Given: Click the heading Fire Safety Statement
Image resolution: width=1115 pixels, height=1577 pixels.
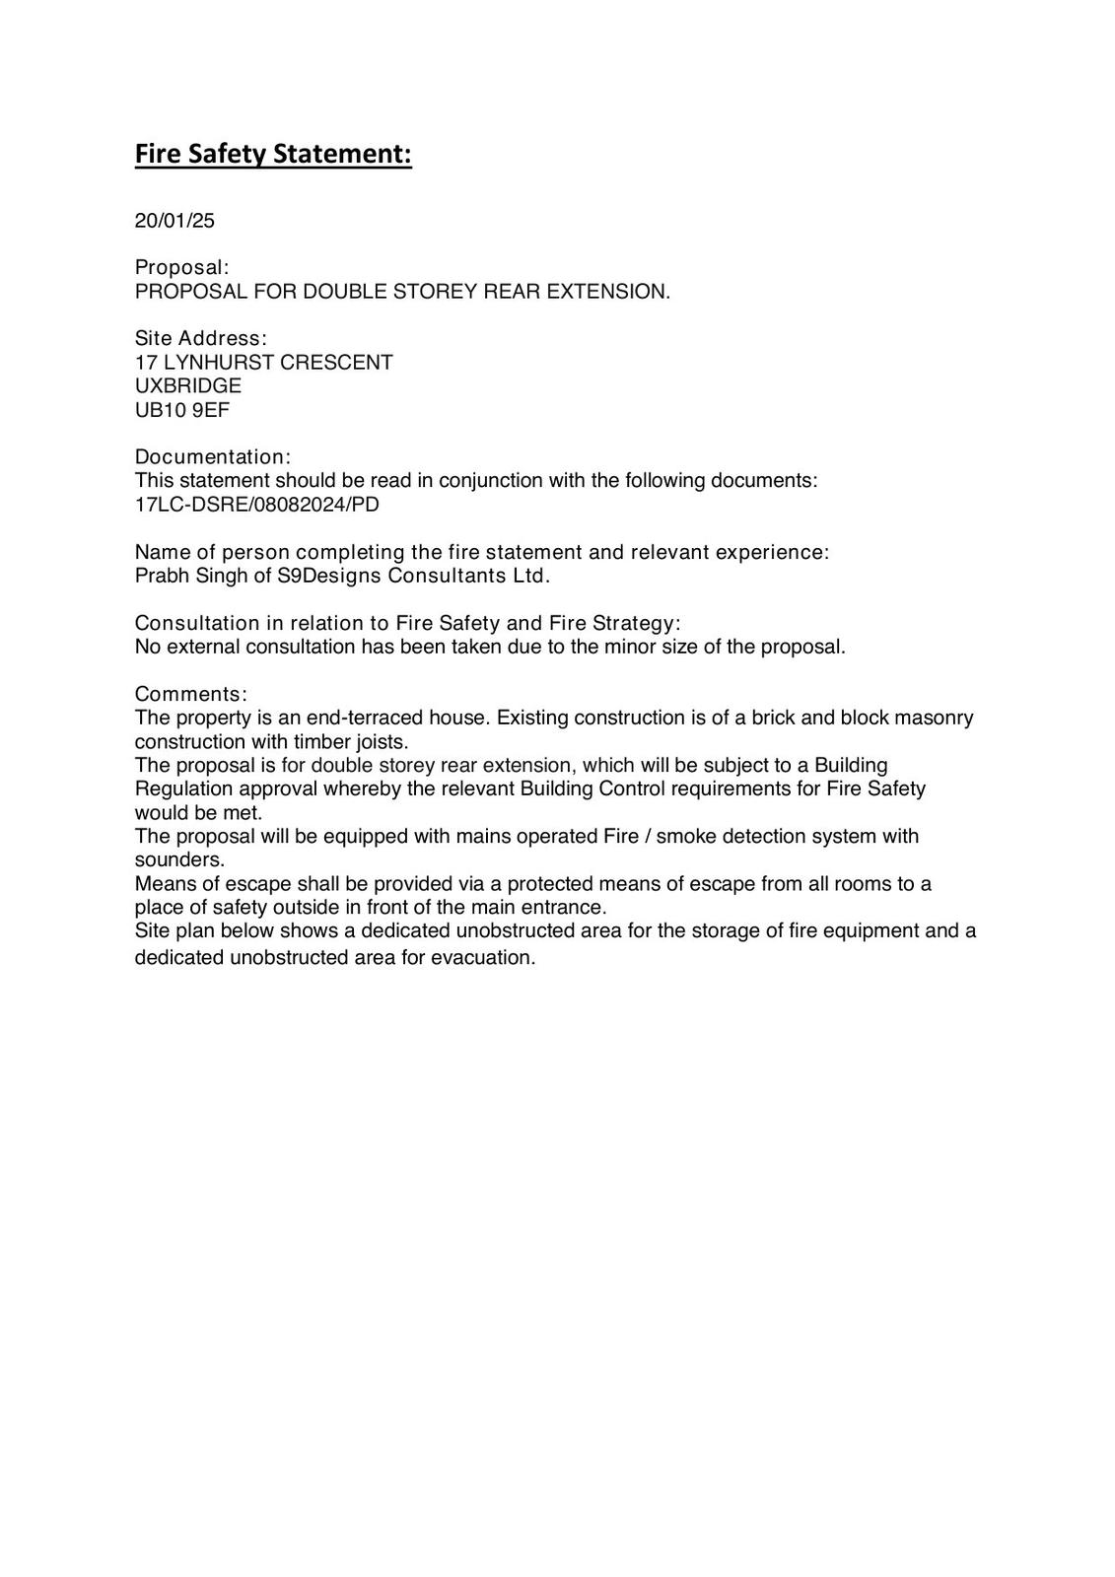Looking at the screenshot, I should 272,155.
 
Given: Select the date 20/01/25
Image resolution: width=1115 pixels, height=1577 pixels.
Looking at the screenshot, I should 174,221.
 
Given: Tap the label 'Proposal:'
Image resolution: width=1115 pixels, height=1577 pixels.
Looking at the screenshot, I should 181,268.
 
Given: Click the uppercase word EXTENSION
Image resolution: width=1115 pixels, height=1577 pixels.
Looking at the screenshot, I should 607,292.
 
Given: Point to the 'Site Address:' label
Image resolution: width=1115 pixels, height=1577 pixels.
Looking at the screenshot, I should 200,339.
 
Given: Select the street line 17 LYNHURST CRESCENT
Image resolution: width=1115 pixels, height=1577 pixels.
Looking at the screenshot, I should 263,363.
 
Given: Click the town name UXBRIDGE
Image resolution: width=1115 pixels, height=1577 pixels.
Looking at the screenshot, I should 187,386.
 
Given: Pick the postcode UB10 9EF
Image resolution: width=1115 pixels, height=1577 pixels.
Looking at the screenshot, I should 181,410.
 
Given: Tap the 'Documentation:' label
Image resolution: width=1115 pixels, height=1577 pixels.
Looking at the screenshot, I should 212,457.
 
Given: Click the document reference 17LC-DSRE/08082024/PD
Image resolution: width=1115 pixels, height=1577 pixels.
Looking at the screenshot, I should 256,505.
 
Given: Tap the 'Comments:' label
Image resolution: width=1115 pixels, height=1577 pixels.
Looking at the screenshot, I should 190,694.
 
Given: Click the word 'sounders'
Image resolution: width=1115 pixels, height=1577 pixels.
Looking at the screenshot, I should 177,859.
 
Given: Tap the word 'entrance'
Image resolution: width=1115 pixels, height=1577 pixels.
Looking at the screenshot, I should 564,907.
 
